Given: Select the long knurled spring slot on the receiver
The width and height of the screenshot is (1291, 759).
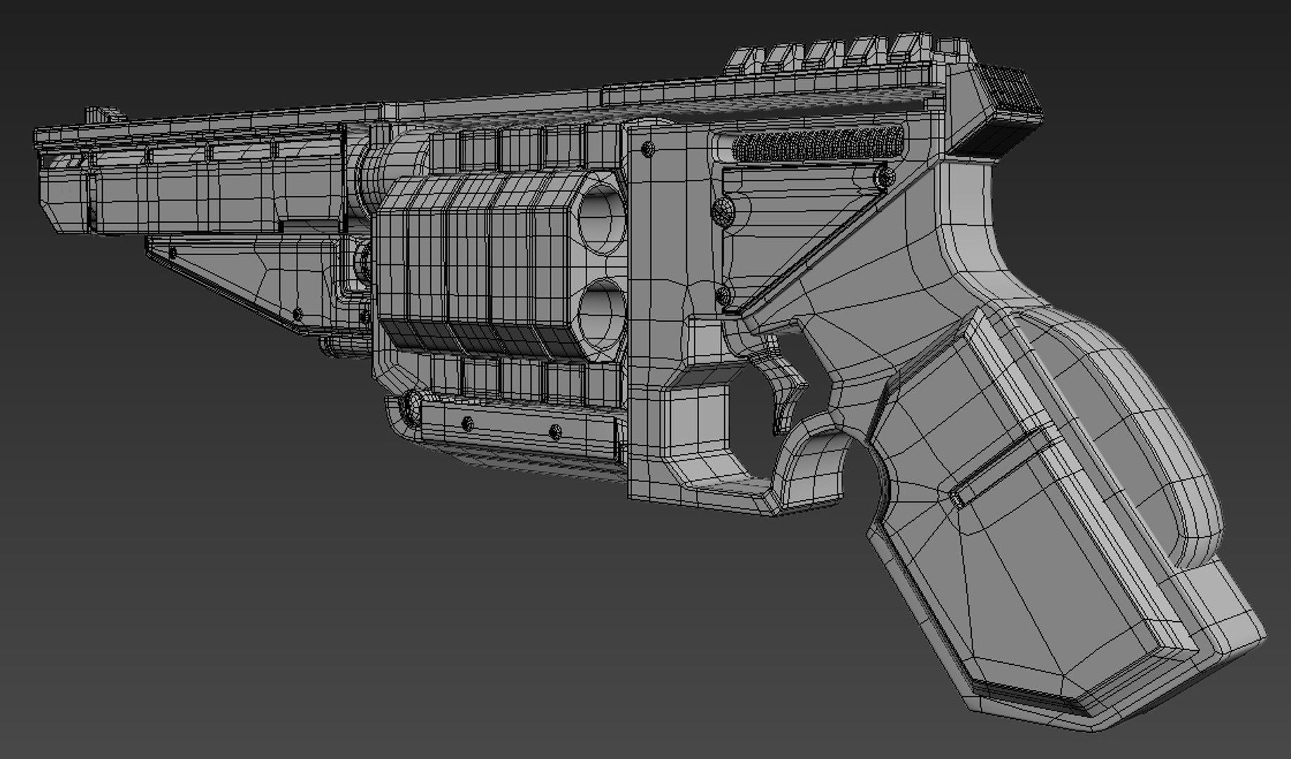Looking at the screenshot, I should [x=816, y=146].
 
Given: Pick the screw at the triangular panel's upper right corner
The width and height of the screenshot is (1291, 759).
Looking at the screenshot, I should [x=880, y=175].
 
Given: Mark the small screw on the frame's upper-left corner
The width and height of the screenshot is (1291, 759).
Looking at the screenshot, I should [x=648, y=148].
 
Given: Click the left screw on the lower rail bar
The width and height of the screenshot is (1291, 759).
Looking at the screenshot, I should [x=465, y=423].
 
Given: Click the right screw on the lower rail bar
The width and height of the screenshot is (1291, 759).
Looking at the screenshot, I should [x=555, y=431].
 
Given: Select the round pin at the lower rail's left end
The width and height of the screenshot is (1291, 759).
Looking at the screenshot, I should [x=406, y=406].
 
